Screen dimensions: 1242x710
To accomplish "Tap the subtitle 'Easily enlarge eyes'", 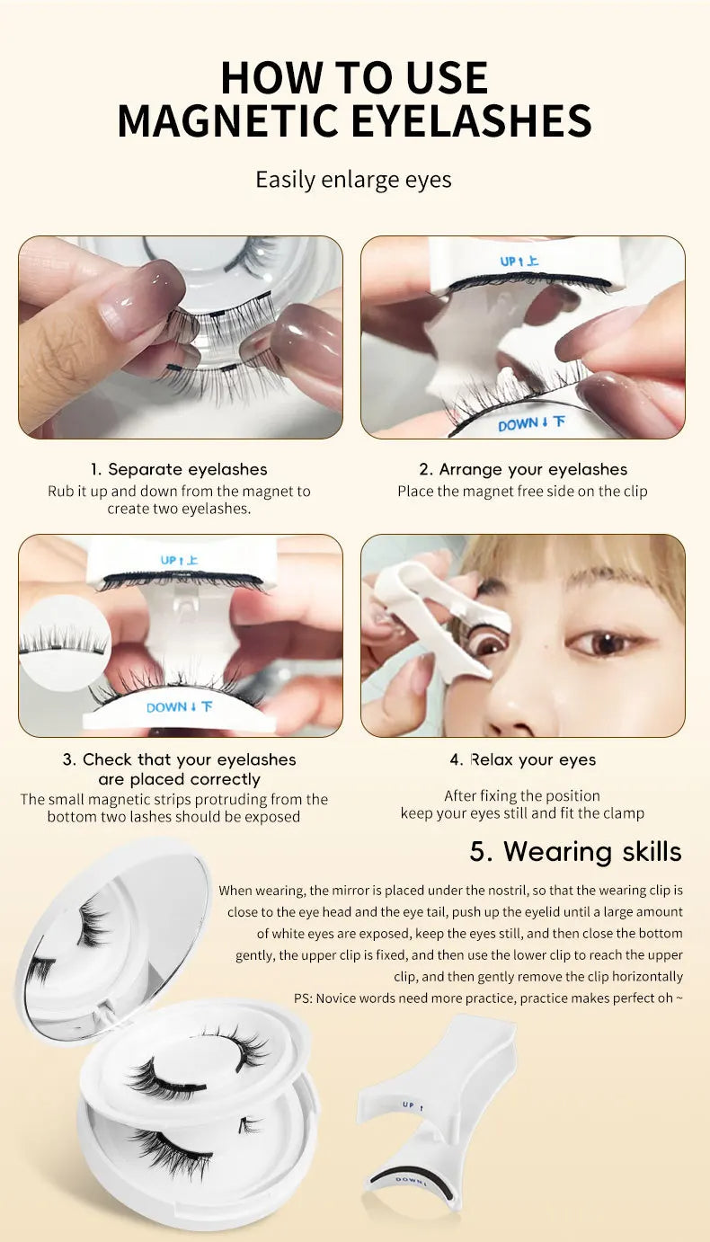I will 353,180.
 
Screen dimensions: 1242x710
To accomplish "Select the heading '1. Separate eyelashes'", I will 179,469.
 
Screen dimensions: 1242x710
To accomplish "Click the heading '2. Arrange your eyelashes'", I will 522,469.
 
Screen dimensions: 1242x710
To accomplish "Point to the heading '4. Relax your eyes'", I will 522,759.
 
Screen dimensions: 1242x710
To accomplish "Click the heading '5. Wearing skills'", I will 575,851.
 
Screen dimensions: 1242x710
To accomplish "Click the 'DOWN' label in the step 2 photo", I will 531,422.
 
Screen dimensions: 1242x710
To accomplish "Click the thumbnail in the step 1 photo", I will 144,297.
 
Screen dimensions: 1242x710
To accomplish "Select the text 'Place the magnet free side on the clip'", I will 522,492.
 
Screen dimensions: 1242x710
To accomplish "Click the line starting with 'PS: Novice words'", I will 488,998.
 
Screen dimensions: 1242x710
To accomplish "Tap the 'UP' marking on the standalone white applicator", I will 409,1104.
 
